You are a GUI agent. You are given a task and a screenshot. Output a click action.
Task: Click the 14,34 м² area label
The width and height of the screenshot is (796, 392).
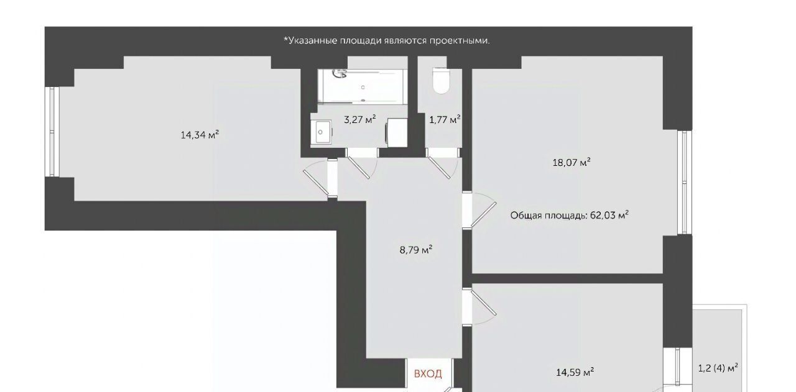pyautogui.click(x=200, y=135)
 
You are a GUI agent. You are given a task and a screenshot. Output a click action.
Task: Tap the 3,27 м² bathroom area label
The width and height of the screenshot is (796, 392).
pyautogui.click(x=359, y=119)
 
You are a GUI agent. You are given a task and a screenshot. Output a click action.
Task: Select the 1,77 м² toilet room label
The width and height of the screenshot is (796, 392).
pyautogui.click(x=445, y=119)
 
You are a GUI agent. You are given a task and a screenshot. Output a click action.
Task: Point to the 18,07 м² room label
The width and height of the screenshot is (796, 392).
pyautogui.click(x=572, y=163)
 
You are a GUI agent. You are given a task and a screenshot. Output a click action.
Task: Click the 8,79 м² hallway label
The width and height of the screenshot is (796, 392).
pyautogui.click(x=416, y=250)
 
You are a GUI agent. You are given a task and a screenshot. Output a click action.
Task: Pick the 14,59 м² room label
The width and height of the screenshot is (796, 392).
pyautogui.click(x=575, y=372)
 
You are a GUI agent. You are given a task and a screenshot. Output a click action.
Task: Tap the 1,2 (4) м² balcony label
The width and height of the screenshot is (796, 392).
pyautogui.click(x=718, y=368)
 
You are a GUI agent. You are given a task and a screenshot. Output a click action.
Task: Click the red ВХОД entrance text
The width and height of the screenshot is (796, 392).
pyautogui.click(x=428, y=373)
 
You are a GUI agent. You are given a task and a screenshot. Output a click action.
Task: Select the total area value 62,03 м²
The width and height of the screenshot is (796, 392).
pyautogui.click(x=609, y=215)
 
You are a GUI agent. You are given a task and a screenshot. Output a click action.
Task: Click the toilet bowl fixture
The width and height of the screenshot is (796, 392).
pyautogui.click(x=441, y=81)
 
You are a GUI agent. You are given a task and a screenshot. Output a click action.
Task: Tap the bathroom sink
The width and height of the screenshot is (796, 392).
pyautogui.click(x=321, y=132)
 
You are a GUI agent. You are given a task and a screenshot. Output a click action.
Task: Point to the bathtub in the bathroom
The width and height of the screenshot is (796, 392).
pyautogui.click(x=363, y=86)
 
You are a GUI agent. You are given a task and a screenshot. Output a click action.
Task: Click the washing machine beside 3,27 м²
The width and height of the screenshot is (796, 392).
pyautogui.click(x=397, y=132)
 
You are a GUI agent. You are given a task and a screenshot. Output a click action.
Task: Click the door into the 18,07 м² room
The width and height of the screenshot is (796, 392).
pyautogui.click(x=479, y=210)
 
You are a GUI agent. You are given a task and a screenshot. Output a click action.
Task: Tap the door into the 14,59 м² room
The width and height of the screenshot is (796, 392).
pyautogui.click(x=479, y=306)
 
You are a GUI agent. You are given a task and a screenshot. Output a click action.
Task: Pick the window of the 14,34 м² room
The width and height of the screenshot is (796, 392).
pyautogui.click(x=52, y=131)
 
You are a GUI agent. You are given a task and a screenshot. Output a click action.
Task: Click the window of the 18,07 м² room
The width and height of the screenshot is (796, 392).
pyautogui.click(x=685, y=183)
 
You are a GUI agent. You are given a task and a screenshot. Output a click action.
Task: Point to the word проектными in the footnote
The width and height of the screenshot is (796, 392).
pyautogui.click(x=459, y=41)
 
